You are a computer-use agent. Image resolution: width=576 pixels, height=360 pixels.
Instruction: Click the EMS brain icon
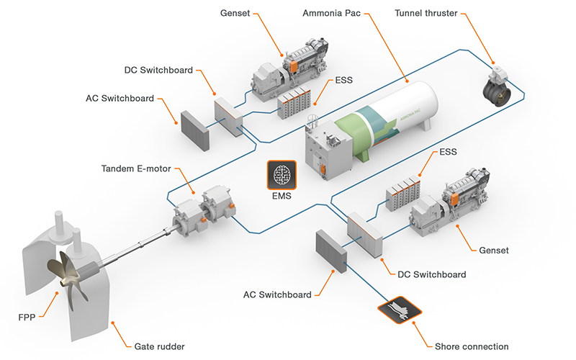pyautogui.click(x=281, y=174)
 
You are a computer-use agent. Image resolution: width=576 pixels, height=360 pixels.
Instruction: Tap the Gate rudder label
pyautogui.click(x=160, y=346)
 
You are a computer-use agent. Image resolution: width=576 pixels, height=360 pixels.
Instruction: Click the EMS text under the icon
pyautogui.click(x=281, y=196)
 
